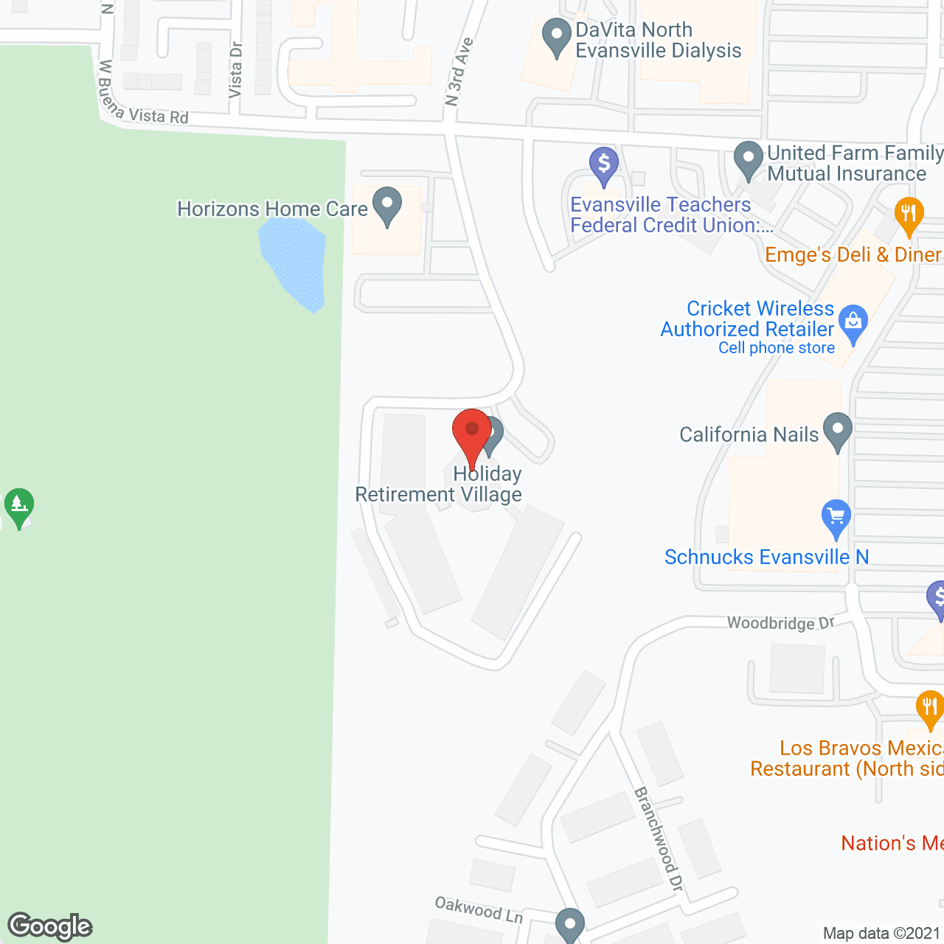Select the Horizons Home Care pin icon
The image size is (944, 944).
[x=386, y=207]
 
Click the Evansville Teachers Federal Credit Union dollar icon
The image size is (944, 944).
[x=603, y=166]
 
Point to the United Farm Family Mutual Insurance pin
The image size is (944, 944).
[x=749, y=161]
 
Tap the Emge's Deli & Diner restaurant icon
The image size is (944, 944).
[x=909, y=216]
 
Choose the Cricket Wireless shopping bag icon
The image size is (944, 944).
[x=853, y=324]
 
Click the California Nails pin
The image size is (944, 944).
[x=837, y=432]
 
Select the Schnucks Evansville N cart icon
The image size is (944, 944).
[x=836, y=519]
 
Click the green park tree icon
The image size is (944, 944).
[x=19, y=507]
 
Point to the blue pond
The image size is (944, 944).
[x=296, y=262]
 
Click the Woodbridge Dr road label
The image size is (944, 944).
[x=780, y=623]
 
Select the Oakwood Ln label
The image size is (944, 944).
[x=479, y=909]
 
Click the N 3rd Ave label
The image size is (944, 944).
[x=459, y=72]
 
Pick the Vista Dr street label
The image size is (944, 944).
[x=235, y=70]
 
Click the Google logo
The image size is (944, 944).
[x=50, y=926]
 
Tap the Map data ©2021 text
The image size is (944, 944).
[x=882, y=933]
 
